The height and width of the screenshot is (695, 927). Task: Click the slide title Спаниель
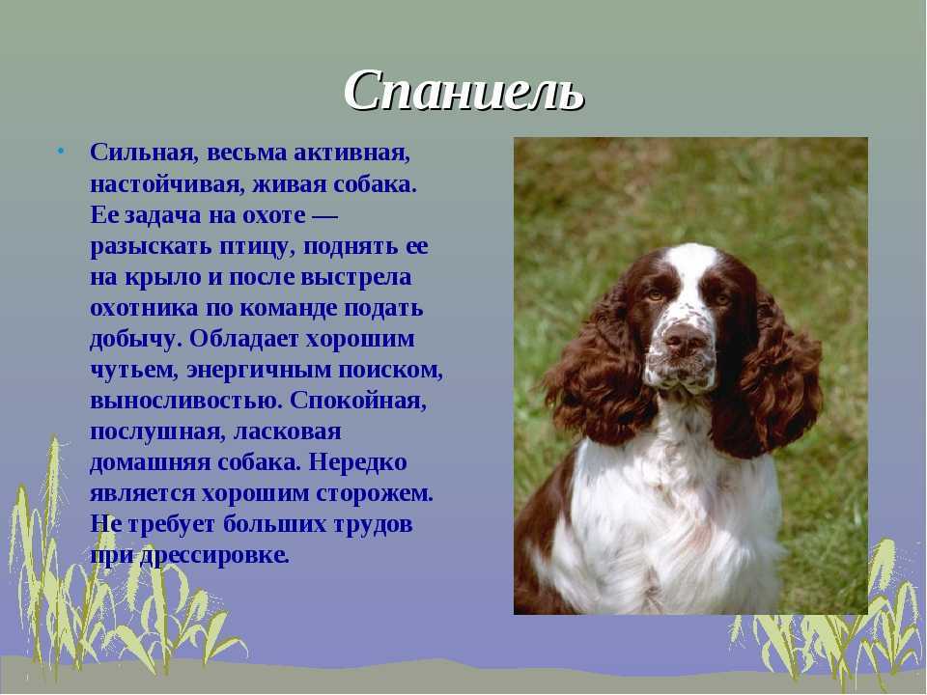[x=464, y=92]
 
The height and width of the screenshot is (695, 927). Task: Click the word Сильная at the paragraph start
[x=142, y=153]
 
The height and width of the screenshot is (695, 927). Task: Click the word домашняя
[x=151, y=462]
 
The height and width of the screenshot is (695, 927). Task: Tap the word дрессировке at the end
[x=214, y=555]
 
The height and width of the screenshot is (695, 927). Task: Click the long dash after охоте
[x=324, y=215]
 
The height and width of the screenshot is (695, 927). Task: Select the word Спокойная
[x=358, y=401]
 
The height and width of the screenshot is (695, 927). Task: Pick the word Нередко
[x=358, y=461]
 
